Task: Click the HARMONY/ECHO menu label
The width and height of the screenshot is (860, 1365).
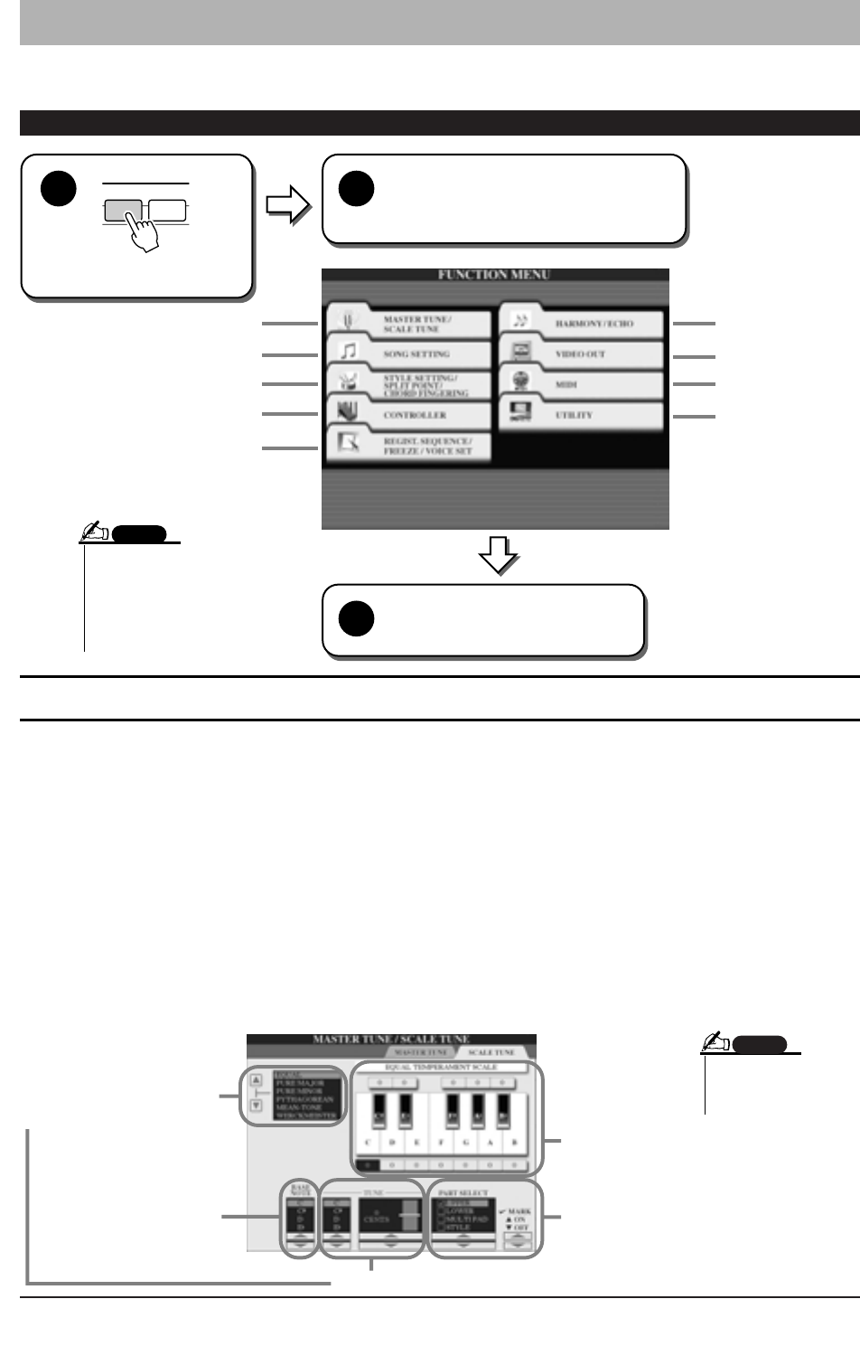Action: click(594, 324)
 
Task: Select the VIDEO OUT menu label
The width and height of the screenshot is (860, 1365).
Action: click(580, 354)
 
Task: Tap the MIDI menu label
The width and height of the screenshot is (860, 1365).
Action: click(566, 385)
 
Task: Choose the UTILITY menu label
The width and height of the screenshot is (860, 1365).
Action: click(574, 416)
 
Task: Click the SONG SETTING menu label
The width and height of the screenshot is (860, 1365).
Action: click(416, 354)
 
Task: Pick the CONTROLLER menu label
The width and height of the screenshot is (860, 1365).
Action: click(415, 416)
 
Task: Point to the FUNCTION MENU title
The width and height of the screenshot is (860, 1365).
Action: click(494, 275)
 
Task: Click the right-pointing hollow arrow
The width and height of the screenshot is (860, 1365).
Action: click(288, 205)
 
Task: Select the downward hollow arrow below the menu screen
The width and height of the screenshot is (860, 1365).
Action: click(499, 555)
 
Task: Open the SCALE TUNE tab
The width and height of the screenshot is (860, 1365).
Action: click(491, 1053)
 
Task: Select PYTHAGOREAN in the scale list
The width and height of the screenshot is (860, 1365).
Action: click(304, 1099)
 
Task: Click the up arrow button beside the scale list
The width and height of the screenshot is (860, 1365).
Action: click(257, 1078)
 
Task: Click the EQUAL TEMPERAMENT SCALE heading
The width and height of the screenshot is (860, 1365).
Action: click(441, 1068)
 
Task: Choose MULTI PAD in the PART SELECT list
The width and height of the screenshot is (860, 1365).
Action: click(467, 1219)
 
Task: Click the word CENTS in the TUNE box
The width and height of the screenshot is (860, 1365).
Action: click(377, 1219)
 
